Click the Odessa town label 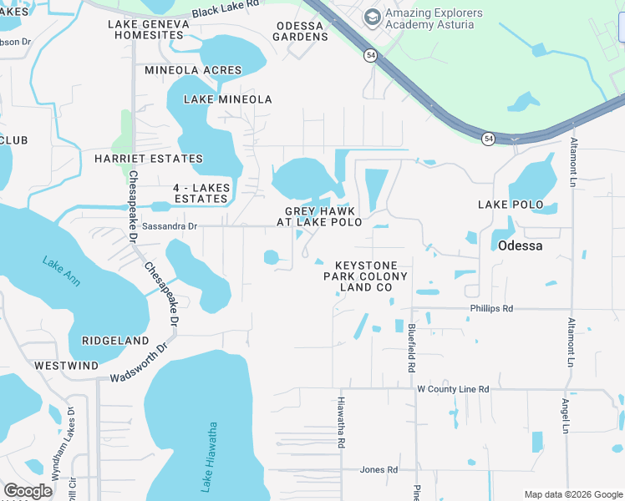coord(520,245)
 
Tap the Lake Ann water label coord(61,271)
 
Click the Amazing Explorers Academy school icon coord(372,16)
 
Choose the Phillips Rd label coord(491,308)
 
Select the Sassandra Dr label coord(169,226)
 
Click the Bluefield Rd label coord(412,348)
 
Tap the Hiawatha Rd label coord(342,423)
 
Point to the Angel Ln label coord(566,415)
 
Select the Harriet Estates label coord(149,159)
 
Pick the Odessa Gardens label coord(301,31)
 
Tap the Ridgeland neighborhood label coord(115,341)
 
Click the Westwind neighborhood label coord(66,366)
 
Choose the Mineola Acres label coord(193,70)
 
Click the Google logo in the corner coord(28,490)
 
